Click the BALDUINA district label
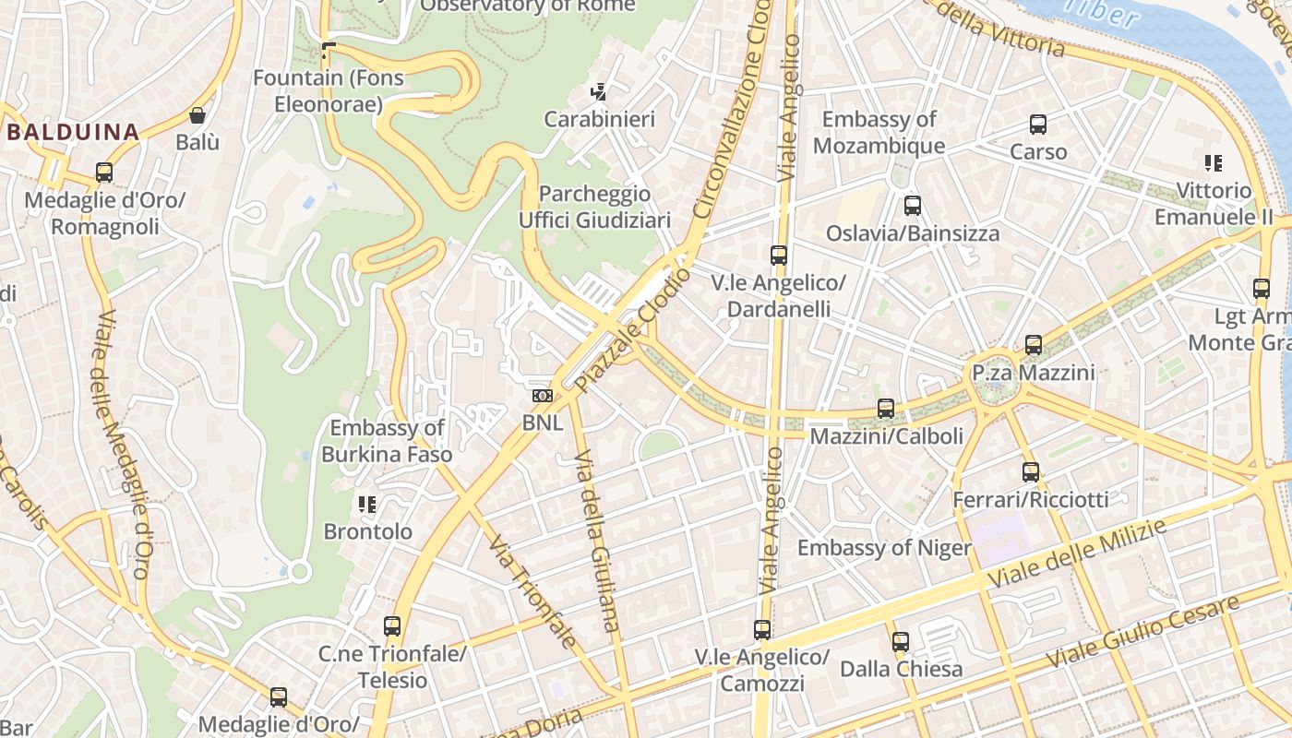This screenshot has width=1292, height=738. click(73, 132)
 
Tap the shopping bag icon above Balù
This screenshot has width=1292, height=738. click(197, 115)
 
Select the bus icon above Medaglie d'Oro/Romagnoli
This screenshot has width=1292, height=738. click(104, 173)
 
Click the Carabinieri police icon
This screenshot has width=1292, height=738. click(599, 91)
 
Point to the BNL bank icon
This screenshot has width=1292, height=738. click(543, 396)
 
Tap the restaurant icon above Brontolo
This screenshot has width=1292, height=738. click(367, 504)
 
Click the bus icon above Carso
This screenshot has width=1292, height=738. click(1038, 125)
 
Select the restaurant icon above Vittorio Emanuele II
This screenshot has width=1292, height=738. click(1214, 163)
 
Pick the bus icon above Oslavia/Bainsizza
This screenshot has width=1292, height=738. click(913, 206)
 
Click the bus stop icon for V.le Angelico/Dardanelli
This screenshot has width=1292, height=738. click(779, 256)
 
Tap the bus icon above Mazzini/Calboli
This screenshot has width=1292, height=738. click(886, 408)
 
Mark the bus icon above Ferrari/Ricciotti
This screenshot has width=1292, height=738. click(1031, 472)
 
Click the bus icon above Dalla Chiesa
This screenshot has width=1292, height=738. click(901, 641)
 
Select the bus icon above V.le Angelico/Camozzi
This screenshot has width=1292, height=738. click(762, 630)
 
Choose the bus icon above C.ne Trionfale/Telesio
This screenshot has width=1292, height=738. click(392, 626)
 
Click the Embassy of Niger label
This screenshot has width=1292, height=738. click(884, 548)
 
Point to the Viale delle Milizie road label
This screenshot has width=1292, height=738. click(1077, 553)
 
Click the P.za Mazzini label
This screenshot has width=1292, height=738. click(1034, 373)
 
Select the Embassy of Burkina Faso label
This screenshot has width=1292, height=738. click(388, 441)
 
